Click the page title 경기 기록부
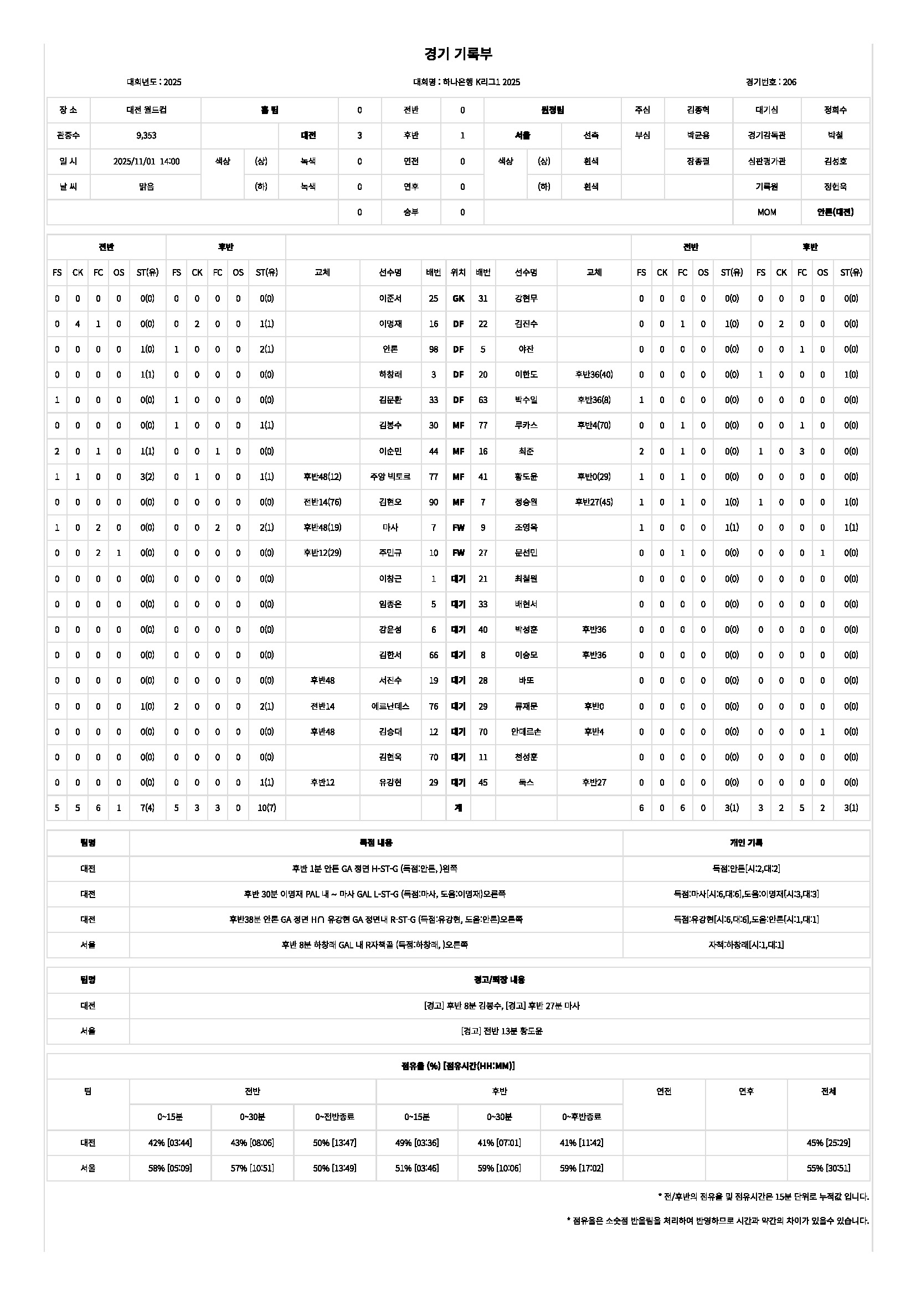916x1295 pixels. (x=458, y=54)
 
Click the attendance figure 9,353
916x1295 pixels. (x=146, y=135)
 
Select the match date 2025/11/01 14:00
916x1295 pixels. (x=146, y=161)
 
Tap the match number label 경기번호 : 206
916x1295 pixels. (x=770, y=82)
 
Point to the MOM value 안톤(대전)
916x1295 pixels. (x=835, y=212)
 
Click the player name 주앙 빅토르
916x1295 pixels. (x=390, y=477)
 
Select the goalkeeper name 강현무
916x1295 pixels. (x=526, y=298)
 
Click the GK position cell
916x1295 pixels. (x=458, y=298)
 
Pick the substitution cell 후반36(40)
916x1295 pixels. (x=593, y=374)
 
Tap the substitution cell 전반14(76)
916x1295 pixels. (x=322, y=502)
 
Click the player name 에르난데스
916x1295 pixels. (x=390, y=706)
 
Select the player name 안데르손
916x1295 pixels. (x=526, y=731)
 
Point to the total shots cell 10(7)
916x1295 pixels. (x=267, y=808)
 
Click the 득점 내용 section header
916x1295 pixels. (x=376, y=843)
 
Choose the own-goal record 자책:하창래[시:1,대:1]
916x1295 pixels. (x=745, y=945)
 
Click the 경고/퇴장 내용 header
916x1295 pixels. (x=499, y=980)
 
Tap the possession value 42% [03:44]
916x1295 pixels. (x=170, y=1143)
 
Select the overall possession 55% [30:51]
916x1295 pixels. (x=828, y=1168)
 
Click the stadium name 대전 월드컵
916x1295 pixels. (x=146, y=110)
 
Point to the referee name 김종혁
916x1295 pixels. (x=698, y=110)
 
